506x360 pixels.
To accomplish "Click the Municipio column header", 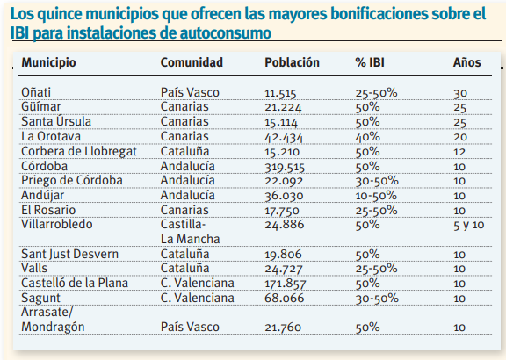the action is [x=48, y=62].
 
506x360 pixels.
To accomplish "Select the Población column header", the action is [x=292, y=62].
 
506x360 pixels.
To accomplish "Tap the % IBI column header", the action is [x=370, y=62].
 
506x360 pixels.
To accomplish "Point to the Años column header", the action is [x=467, y=62].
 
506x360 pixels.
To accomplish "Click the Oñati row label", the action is [x=36, y=92].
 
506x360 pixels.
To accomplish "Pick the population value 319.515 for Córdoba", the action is [x=285, y=167].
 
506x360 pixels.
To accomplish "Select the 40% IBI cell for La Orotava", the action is [x=367, y=137].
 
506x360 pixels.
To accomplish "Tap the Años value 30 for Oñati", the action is [x=460, y=93].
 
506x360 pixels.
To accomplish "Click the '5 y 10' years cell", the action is [x=469, y=225].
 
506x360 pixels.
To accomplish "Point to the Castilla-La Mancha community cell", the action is [x=190, y=232].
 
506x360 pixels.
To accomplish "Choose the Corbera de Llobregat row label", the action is [x=79, y=152].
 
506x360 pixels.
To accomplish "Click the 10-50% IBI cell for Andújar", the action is [x=376, y=196].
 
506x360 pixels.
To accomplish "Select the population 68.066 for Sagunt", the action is [x=285, y=298].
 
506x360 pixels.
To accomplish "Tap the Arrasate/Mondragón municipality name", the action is [x=53, y=320].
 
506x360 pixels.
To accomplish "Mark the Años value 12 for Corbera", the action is [x=459, y=152].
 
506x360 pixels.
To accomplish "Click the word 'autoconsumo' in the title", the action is [x=225, y=32].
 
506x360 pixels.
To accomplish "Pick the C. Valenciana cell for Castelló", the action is [x=197, y=283].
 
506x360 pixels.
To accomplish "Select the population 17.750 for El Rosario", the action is [x=282, y=211].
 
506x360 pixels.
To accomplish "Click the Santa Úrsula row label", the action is [x=56, y=121].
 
